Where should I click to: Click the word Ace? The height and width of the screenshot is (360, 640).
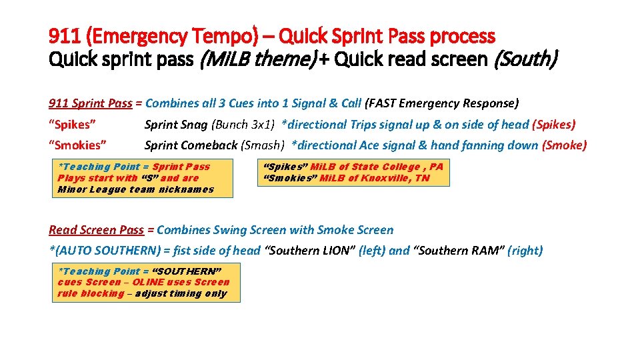[370, 145]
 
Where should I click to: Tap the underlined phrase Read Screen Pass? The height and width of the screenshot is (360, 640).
[96, 230]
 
